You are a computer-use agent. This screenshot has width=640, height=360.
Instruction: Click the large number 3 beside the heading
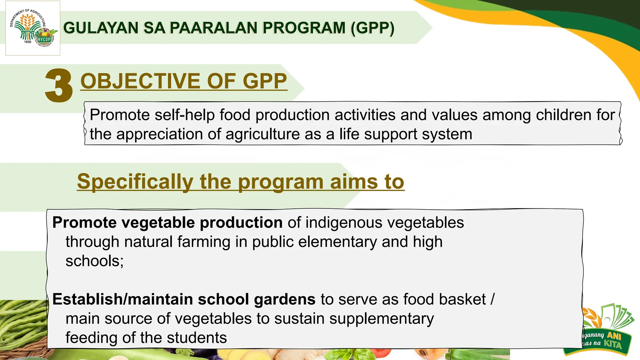(x=59, y=86)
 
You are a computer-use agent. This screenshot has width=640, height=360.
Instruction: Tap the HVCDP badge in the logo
(x=44, y=39)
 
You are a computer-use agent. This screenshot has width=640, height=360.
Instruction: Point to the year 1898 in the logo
(x=27, y=42)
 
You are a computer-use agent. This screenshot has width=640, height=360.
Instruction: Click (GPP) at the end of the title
(x=372, y=28)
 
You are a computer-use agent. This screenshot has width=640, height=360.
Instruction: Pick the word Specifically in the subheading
(x=135, y=182)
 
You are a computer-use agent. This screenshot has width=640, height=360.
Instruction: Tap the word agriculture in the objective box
(x=262, y=134)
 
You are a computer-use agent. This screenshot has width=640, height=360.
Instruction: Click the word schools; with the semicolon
(x=94, y=261)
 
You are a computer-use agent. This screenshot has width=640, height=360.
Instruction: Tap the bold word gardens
(x=284, y=299)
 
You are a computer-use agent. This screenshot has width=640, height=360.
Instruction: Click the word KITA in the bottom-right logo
(x=612, y=344)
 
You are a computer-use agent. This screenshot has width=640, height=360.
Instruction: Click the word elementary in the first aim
(x=337, y=242)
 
